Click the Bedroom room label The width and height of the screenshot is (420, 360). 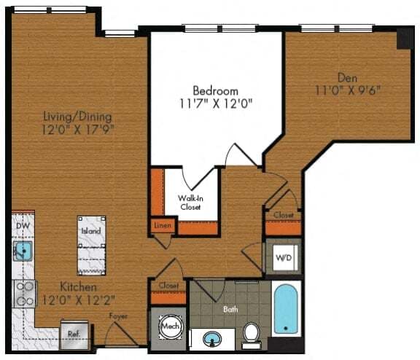[x=215, y=90]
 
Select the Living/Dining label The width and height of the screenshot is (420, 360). [x=77, y=117]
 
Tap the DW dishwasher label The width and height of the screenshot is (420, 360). [x=22, y=226]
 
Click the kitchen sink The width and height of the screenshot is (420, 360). [x=23, y=252]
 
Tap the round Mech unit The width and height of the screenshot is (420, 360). [x=171, y=326]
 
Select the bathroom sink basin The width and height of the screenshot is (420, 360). [x=211, y=339]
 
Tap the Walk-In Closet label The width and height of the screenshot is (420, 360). [x=192, y=201]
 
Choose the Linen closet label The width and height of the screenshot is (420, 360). [x=163, y=226]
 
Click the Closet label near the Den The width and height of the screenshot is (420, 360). [x=283, y=216]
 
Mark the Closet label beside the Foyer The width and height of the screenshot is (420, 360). [x=168, y=286]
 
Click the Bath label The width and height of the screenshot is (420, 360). [x=230, y=309]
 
